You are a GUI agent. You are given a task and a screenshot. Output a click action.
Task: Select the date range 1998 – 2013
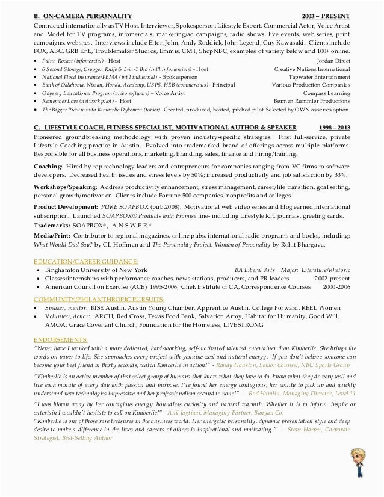click(x=333, y=128)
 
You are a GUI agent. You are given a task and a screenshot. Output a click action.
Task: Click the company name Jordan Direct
click(x=333, y=61)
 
